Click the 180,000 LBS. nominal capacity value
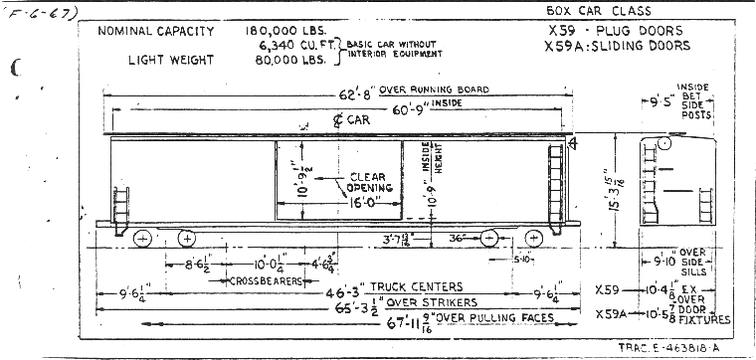(x=283, y=32)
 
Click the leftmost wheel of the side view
(x=142, y=238)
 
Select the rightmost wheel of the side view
(x=534, y=238)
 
